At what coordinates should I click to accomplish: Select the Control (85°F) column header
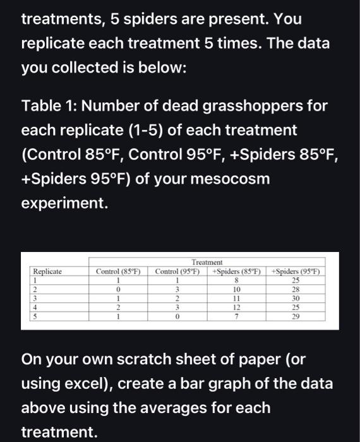pos(117,271)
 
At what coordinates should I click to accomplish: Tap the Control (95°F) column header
pos(177,271)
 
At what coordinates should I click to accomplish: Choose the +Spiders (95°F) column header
pos(296,271)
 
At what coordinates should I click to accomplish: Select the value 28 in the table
pos(296,290)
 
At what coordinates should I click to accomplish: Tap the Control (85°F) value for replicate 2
pos(117,290)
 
